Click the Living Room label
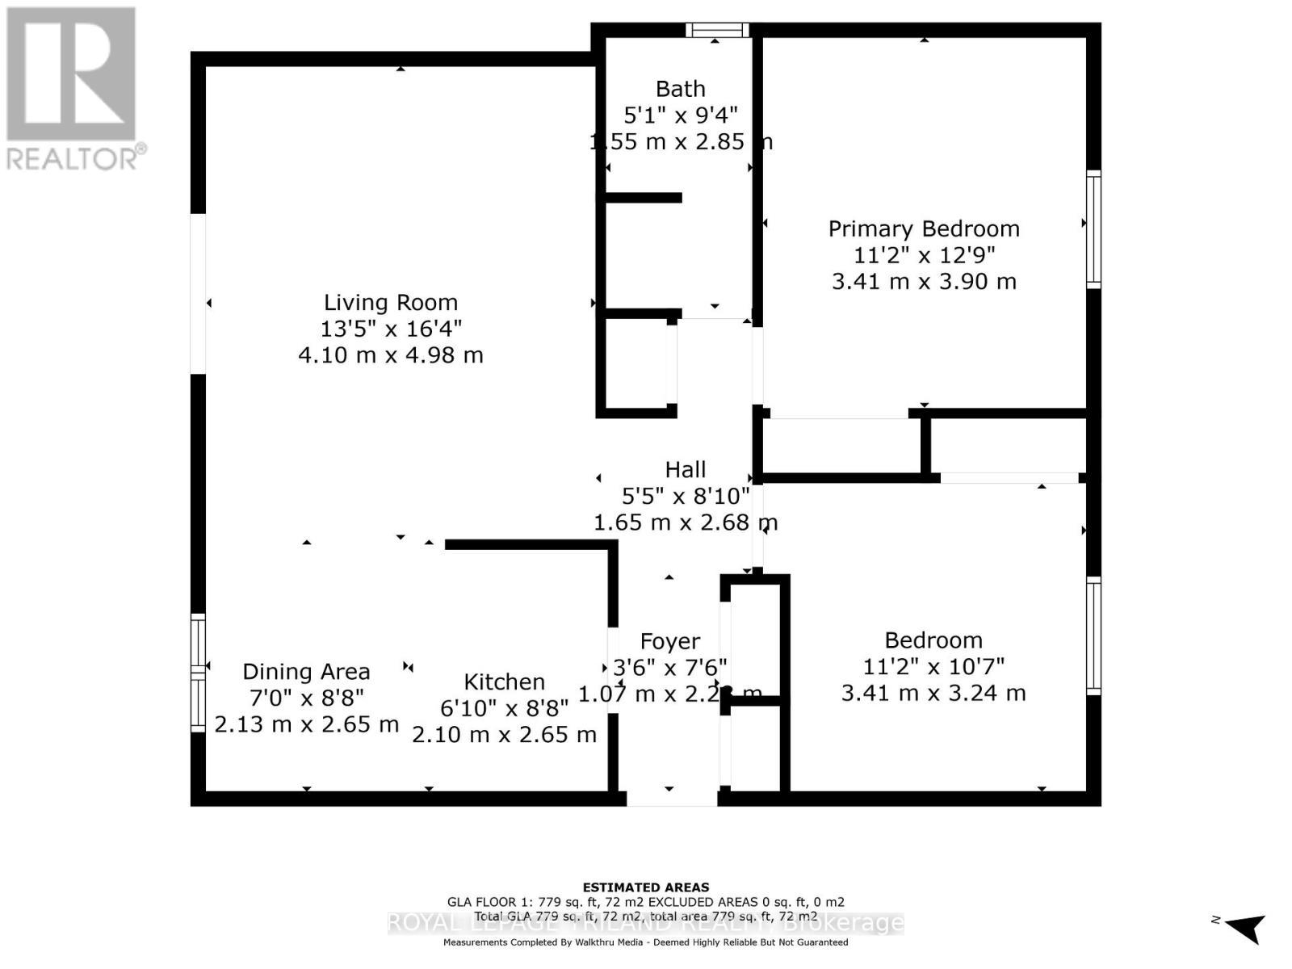(x=391, y=303)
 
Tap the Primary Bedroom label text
(x=924, y=229)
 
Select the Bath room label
(x=680, y=89)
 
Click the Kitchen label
(x=504, y=682)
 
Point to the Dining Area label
(x=306, y=672)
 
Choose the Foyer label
(x=669, y=641)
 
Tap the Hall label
(x=685, y=469)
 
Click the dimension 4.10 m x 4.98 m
(x=391, y=355)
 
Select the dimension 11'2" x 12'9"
(x=924, y=255)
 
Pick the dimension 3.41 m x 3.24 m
(x=933, y=693)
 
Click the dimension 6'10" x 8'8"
(x=504, y=708)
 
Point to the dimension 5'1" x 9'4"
(x=680, y=115)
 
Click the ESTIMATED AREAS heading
(x=645, y=887)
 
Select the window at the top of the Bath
(x=717, y=31)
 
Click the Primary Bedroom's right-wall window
(x=1093, y=229)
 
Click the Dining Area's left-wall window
(x=198, y=672)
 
